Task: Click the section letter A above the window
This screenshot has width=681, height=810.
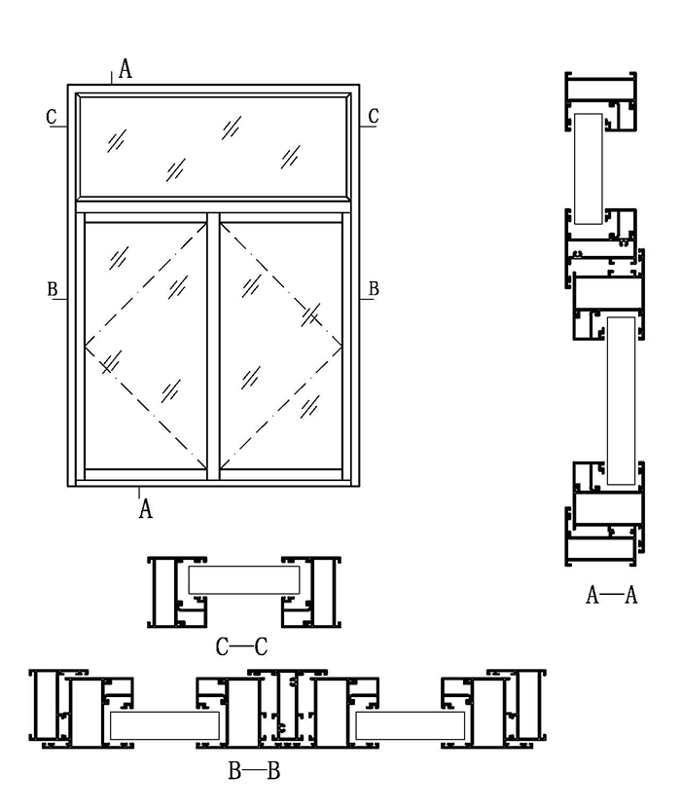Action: tap(125, 68)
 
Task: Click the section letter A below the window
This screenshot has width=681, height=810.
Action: tap(146, 507)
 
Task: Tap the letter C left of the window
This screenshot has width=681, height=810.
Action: tap(52, 117)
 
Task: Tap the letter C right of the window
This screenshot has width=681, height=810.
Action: tap(373, 117)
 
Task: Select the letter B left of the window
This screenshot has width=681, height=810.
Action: tap(52, 289)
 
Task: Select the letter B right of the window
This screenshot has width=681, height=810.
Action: tap(374, 289)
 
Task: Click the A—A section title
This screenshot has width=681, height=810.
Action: tap(611, 595)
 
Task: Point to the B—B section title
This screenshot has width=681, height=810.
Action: tap(254, 773)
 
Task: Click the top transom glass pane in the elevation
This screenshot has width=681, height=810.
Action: tap(214, 146)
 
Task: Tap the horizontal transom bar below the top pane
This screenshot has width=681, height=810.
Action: tap(214, 206)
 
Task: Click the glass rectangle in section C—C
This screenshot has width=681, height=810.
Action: tap(243, 580)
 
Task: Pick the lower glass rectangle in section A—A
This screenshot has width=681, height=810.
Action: tap(620, 400)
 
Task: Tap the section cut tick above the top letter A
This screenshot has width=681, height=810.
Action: tap(112, 78)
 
